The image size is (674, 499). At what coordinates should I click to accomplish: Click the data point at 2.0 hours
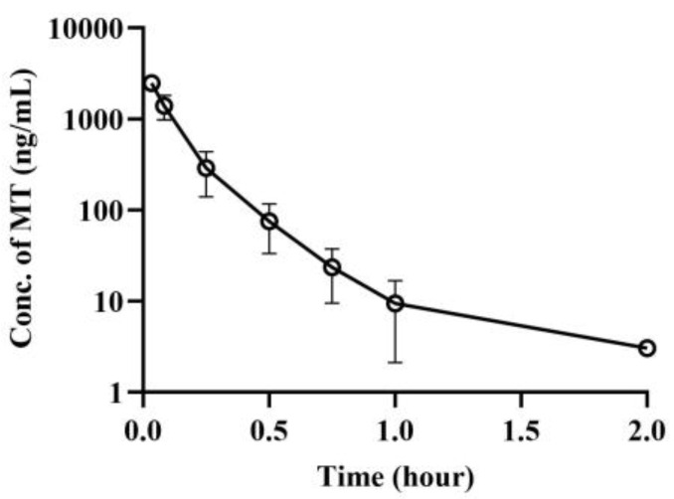pyautogui.click(x=647, y=348)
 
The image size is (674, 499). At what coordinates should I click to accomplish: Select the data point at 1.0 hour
pyautogui.click(x=396, y=303)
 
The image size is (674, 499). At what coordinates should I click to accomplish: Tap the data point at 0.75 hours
pyautogui.click(x=332, y=267)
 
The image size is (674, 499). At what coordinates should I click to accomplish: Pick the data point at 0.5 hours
pyautogui.click(x=269, y=222)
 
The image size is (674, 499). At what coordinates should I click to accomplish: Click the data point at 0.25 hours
pyautogui.click(x=206, y=168)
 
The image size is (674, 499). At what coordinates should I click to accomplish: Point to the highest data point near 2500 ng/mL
pyautogui.click(x=152, y=83)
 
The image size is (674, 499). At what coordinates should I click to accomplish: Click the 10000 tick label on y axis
pyautogui.click(x=84, y=29)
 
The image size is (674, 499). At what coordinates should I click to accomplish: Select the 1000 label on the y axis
pyautogui.click(x=90, y=119)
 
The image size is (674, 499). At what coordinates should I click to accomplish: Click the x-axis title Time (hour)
pyautogui.click(x=396, y=475)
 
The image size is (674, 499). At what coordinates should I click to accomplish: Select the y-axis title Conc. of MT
pyautogui.click(x=22, y=211)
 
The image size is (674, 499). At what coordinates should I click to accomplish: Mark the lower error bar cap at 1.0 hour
pyautogui.click(x=396, y=363)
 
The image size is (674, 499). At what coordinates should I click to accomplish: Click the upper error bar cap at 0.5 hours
pyautogui.click(x=269, y=204)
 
